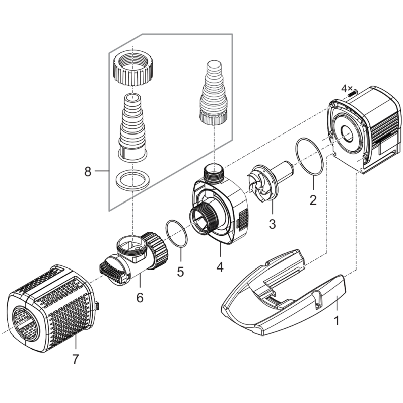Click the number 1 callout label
click(x=336, y=321)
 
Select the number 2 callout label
click(x=313, y=200)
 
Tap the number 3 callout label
click(x=272, y=224)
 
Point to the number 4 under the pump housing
click(x=220, y=267)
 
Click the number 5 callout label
click(x=181, y=272)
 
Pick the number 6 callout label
click(x=140, y=298)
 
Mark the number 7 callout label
click(x=75, y=359)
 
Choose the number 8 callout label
click(x=88, y=172)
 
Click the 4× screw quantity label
click(x=347, y=89)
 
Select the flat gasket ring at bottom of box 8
click(x=132, y=180)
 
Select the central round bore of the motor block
click(x=347, y=135)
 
